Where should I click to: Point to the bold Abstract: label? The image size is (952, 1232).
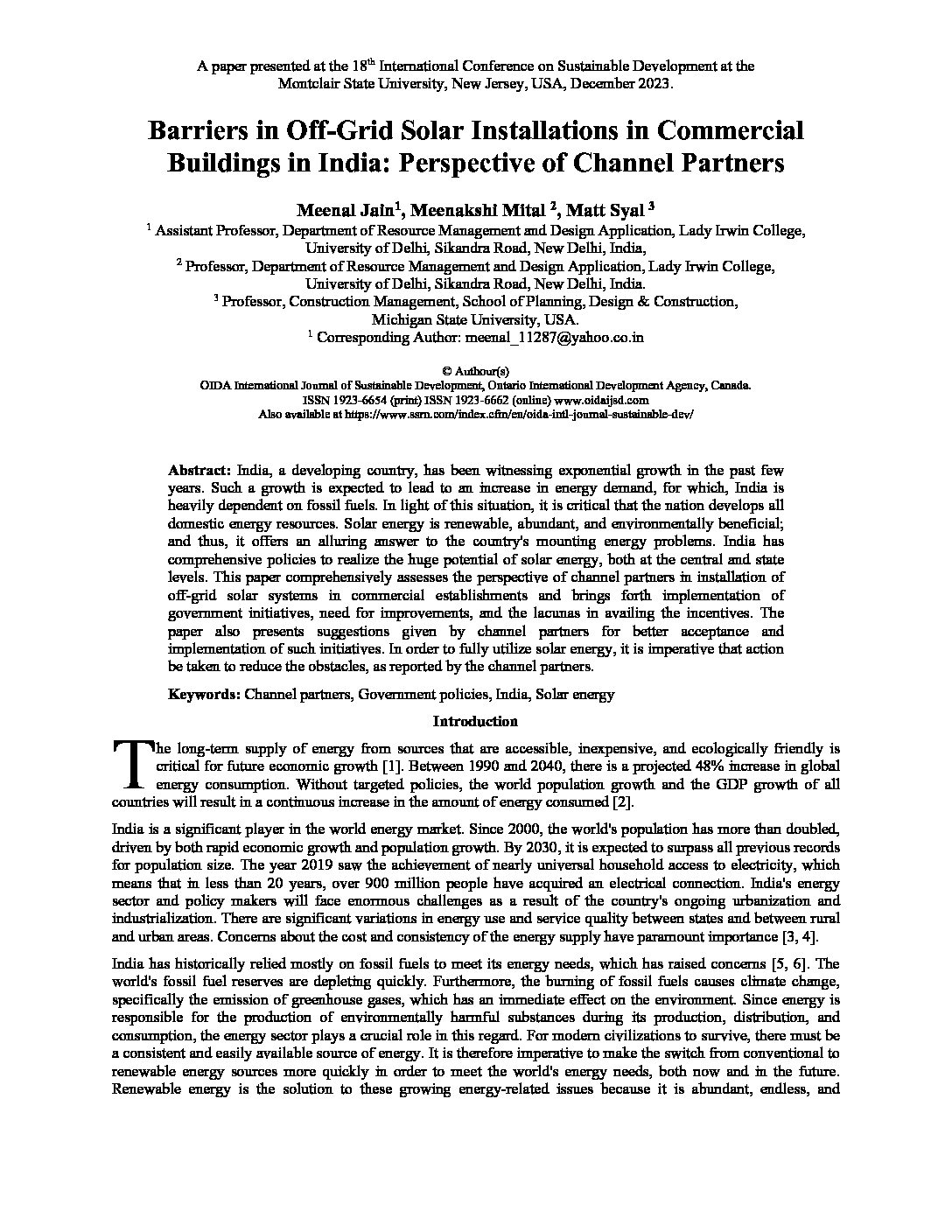[199, 469]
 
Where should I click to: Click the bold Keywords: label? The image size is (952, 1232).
[204, 695]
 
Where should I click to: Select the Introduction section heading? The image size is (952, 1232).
[475, 722]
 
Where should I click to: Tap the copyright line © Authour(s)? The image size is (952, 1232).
[476, 371]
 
